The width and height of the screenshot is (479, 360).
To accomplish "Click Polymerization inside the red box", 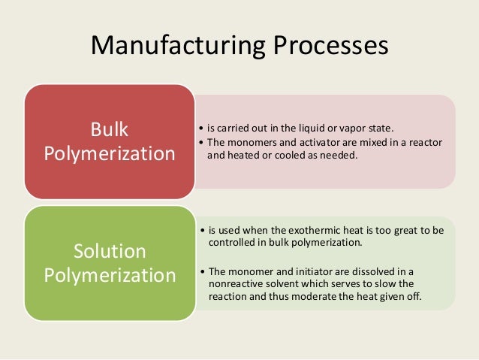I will click(x=110, y=154).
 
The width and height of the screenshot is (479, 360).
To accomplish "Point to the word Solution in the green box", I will click(x=110, y=250).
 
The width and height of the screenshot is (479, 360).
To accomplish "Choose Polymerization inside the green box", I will click(x=110, y=275).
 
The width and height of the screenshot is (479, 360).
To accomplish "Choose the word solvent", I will click(x=290, y=283).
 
